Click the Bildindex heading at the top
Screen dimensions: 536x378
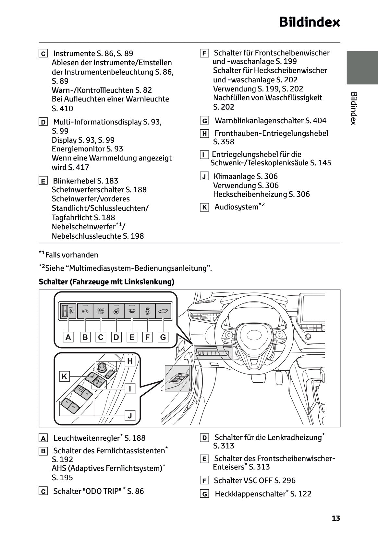(309, 22)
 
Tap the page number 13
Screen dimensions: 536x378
(336, 518)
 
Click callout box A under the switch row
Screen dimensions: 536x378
(68, 337)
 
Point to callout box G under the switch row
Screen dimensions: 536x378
(163, 337)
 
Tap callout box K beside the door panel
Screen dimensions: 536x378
(64, 376)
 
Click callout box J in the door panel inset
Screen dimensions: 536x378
(130, 415)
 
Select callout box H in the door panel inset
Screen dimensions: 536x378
(130, 361)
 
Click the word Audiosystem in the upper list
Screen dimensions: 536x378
(236, 207)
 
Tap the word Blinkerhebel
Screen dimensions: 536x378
(74, 181)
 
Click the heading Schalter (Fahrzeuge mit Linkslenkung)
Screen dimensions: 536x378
(106, 282)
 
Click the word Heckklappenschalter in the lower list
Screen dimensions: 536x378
(250, 494)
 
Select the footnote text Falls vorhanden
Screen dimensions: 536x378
(72, 255)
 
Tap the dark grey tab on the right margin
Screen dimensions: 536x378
(362, 67)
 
